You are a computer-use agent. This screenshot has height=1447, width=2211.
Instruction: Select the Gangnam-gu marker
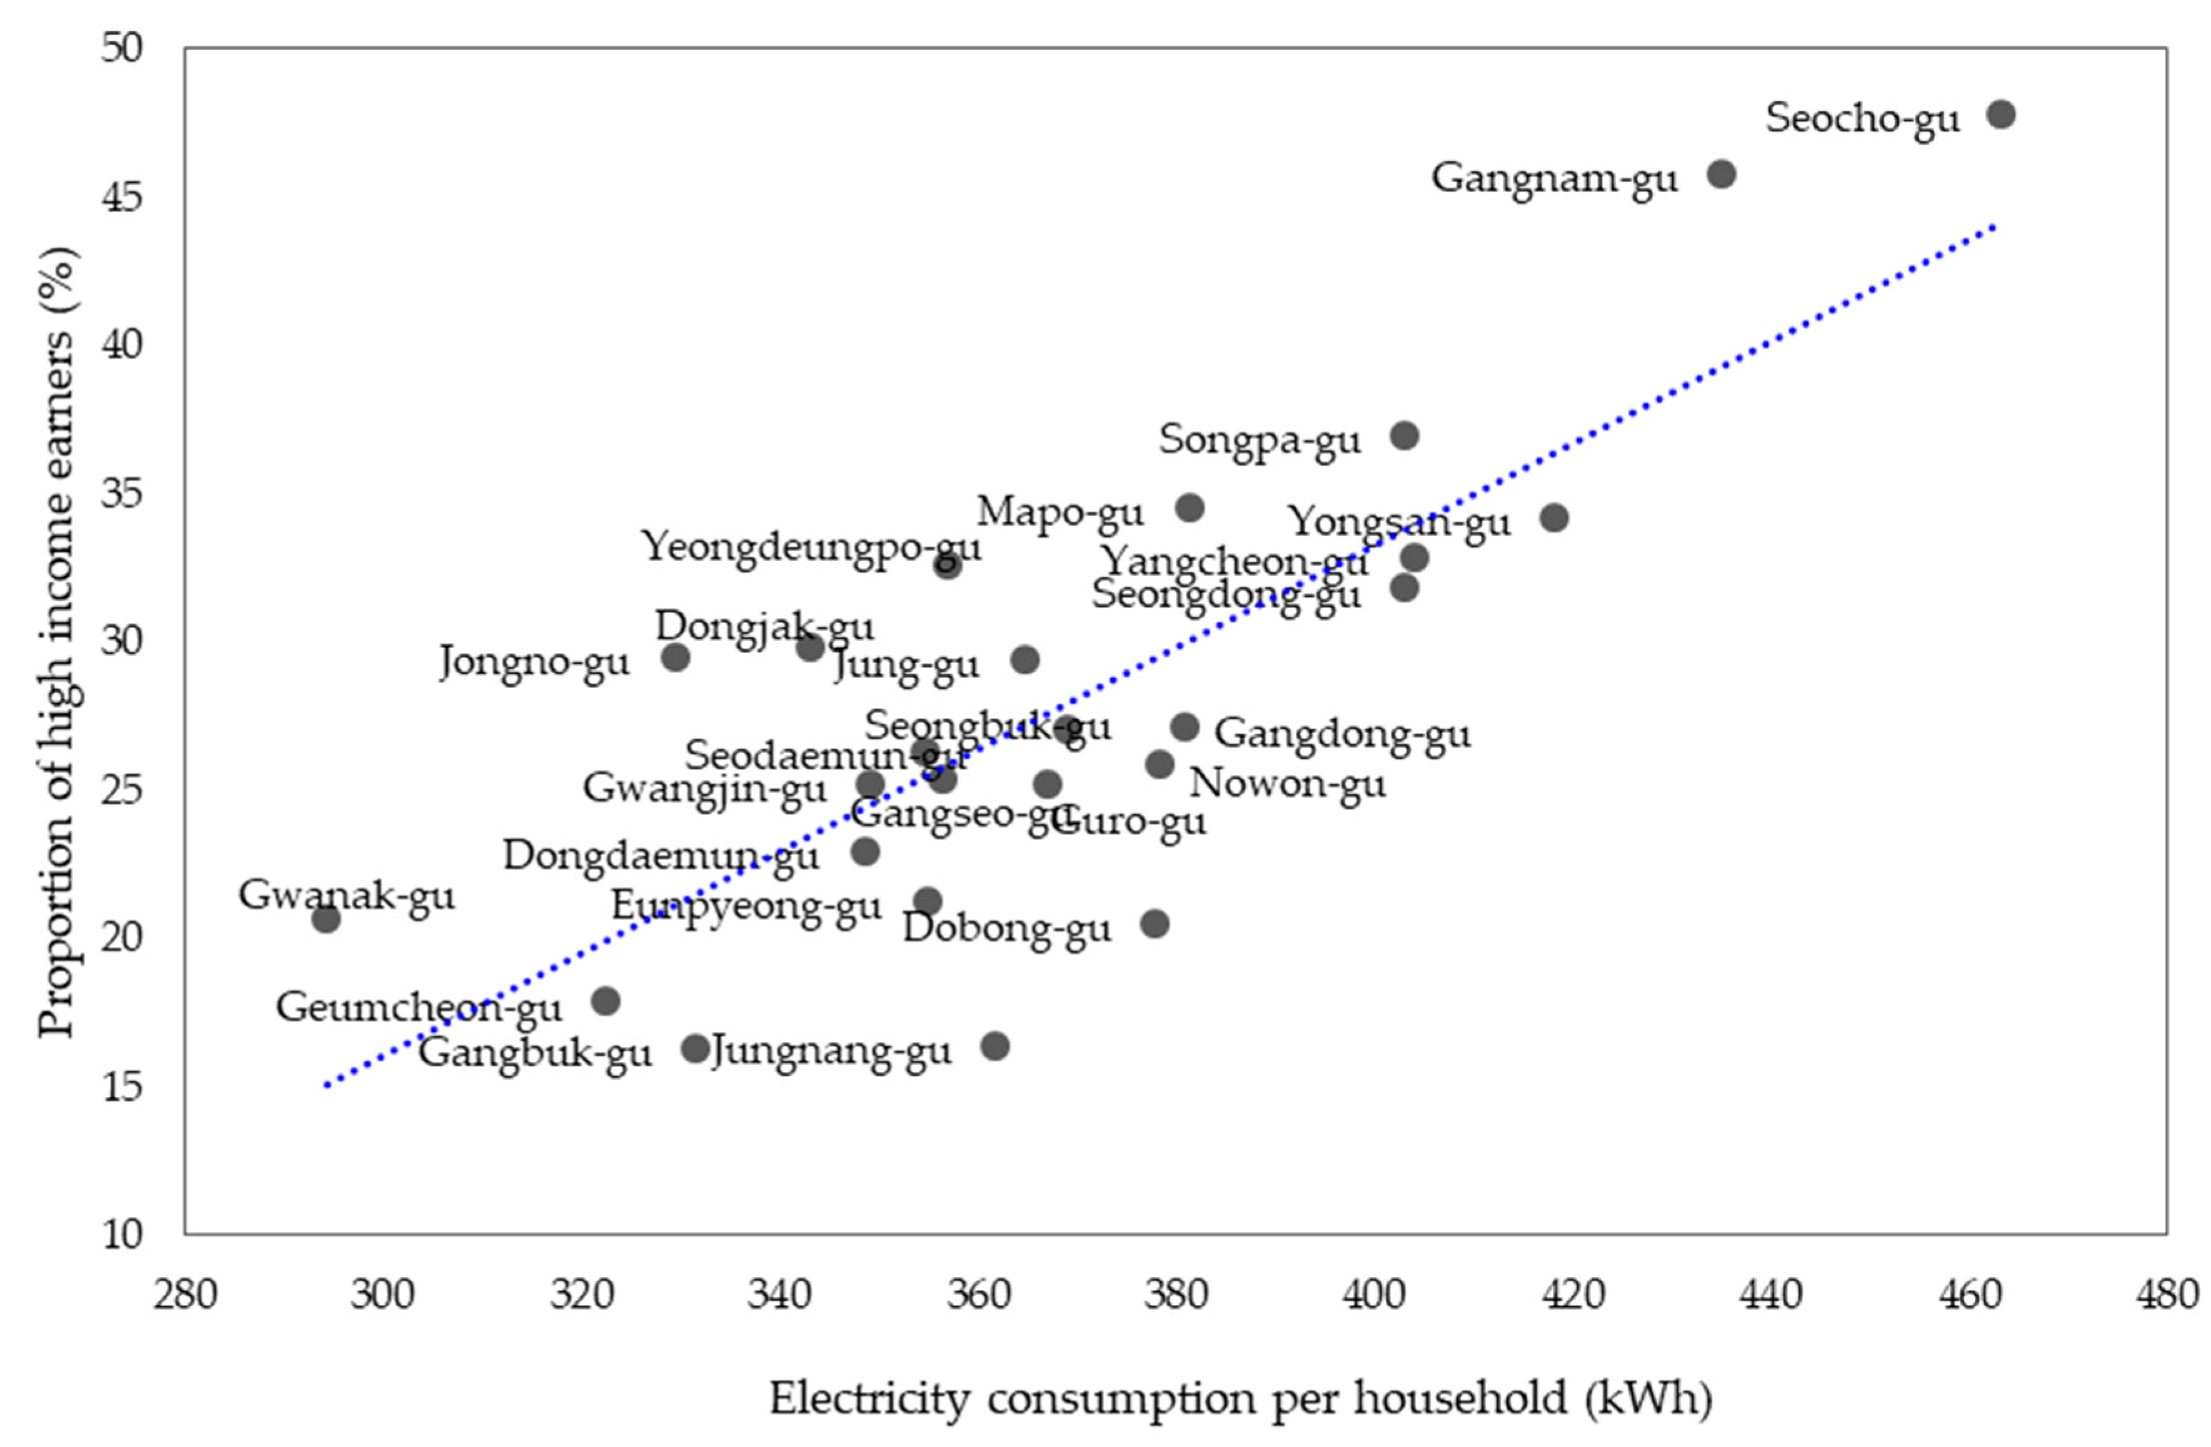coord(1721,175)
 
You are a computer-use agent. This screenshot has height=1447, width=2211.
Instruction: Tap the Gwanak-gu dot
coord(326,919)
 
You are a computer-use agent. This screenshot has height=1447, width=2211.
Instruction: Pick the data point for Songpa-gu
coord(1405,435)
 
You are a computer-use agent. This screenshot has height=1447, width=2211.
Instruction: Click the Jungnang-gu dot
coord(995,1047)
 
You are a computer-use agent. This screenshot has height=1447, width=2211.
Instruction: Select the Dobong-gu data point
coord(1154,924)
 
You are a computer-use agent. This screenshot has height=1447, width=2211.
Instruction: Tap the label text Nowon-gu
coord(1287,785)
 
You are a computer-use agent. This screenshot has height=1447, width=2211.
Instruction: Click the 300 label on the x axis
coord(382,1295)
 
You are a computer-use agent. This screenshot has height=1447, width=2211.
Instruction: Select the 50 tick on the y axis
coord(123,48)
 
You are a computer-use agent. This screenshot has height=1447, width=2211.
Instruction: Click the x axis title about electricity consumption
coord(1240,1399)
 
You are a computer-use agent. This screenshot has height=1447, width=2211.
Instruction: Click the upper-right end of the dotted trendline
coord(1993,226)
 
